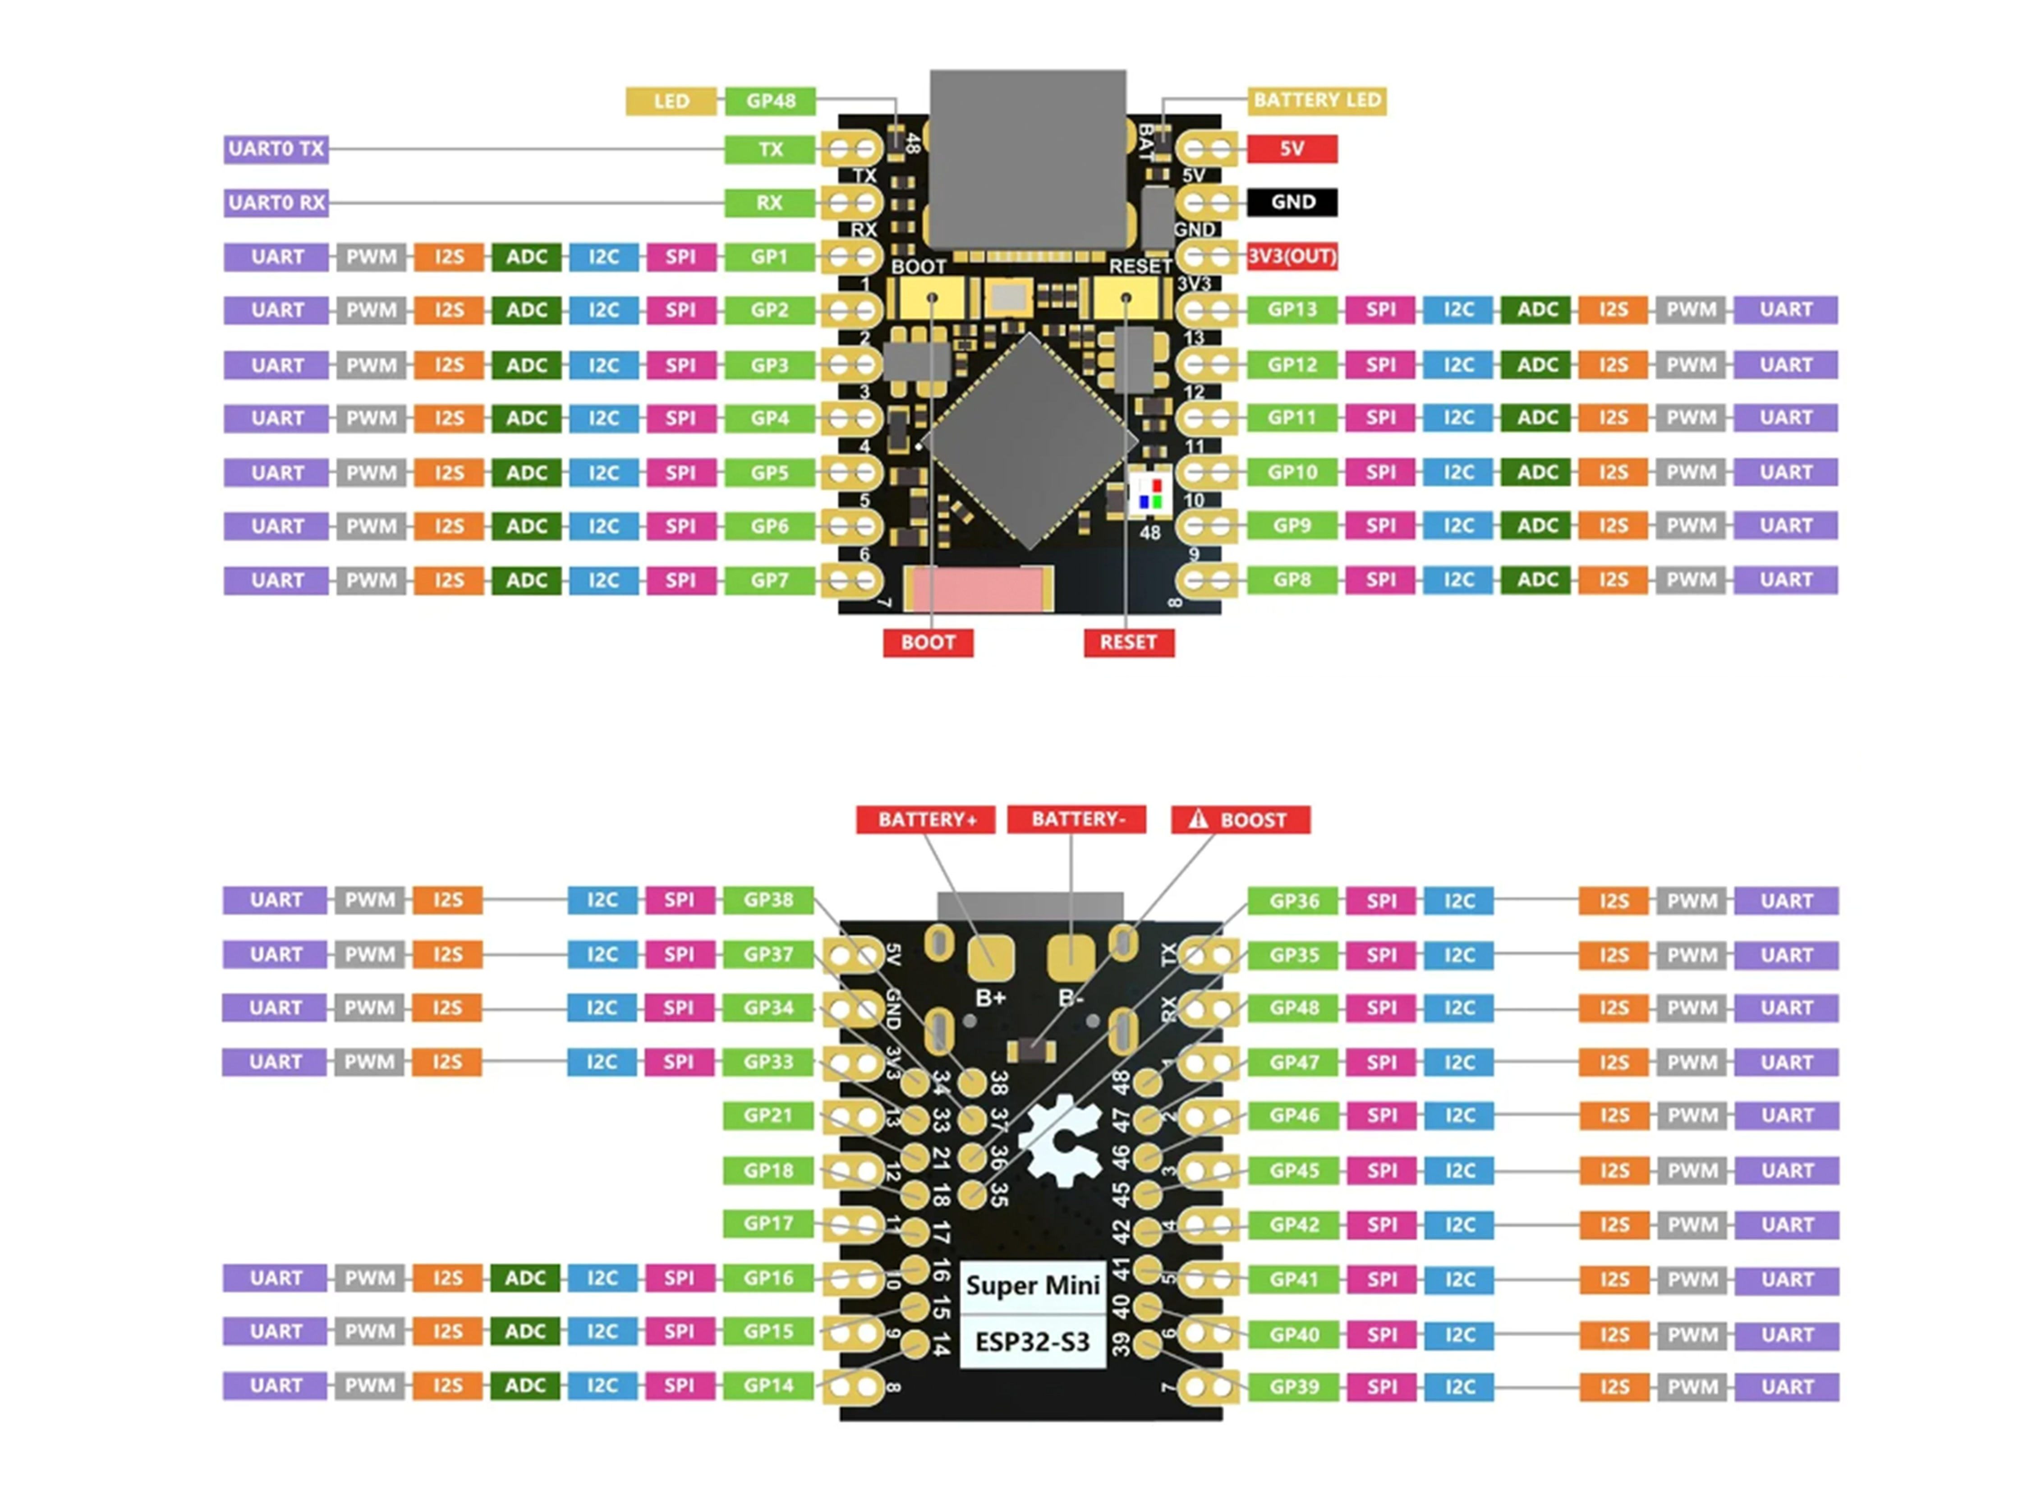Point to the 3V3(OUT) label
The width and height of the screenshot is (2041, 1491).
coord(1291,256)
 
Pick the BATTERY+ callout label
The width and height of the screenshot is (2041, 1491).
coord(926,819)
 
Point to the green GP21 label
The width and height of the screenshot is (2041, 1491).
coord(768,1115)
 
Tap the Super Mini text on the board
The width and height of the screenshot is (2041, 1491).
coord(1032,1285)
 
